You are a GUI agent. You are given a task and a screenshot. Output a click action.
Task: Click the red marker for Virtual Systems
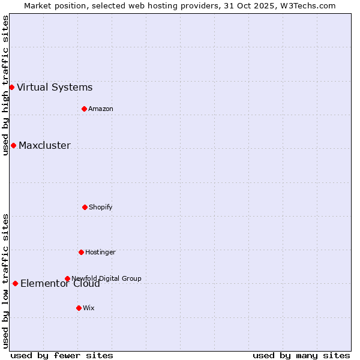pyautogui.click(x=11, y=87)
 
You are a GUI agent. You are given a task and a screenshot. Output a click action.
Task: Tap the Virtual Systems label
pyautogui.click(x=55, y=88)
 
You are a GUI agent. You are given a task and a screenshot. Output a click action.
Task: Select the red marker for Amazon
pyautogui.click(x=84, y=109)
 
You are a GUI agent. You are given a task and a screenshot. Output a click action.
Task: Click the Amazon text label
pyautogui.click(x=101, y=109)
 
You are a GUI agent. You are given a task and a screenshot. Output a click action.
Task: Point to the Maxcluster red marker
pyautogui.click(x=13, y=145)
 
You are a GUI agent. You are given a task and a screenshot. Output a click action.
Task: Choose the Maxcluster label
pyautogui.click(x=44, y=146)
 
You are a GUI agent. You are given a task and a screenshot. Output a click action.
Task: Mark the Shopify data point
pyautogui.click(x=85, y=207)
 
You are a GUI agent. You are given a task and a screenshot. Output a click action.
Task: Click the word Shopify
pyautogui.click(x=101, y=208)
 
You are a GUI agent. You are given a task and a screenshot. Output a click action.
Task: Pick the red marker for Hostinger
pyautogui.click(x=81, y=252)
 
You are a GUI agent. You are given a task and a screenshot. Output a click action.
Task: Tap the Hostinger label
pyautogui.click(x=100, y=253)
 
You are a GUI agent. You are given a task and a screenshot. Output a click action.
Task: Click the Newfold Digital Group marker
pyautogui.click(x=67, y=278)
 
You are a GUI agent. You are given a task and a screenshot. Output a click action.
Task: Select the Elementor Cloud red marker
pyautogui.click(x=15, y=283)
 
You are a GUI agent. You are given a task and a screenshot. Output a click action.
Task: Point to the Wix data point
pyautogui.click(x=79, y=308)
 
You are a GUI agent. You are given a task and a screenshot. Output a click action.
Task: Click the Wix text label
pyautogui.click(x=89, y=308)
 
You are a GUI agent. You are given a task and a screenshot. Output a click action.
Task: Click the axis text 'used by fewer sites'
pyautogui.click(x=62, y=356)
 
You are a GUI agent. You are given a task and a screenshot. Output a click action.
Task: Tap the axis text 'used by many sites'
pyautogui.click(x=301, y=356)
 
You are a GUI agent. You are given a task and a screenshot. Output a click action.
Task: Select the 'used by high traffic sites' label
pyautogui.click(x=5, y=85)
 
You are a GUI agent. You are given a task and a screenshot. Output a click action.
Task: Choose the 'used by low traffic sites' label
pyautogui.click(x=5, y=281)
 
